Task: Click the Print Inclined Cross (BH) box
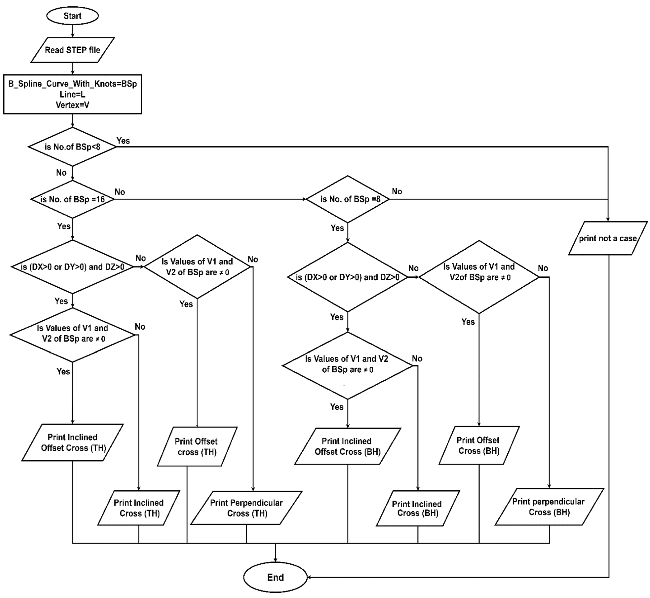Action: pyautogui.click(x=418, y=508)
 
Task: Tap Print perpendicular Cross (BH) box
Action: pyautogui.click(x=549, y=507)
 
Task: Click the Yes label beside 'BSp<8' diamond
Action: pyautogui.click(x=123, y=141)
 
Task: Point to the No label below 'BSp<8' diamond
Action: pyautogui.click(x=61, y=172)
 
